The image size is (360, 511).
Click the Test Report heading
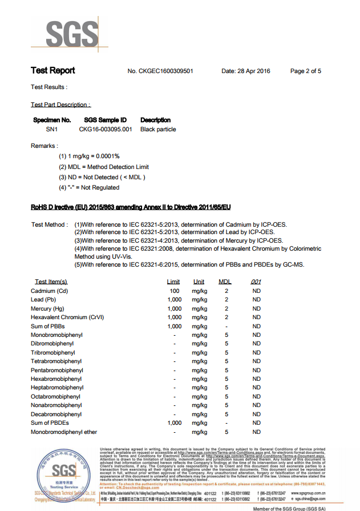coord(52,71)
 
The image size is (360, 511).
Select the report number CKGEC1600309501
coord(169,71)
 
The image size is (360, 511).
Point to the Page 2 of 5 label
coord(305,71)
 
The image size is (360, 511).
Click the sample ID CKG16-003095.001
coord(105,129)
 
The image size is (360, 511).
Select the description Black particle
coord(158,129)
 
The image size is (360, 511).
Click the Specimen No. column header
coord(52,120)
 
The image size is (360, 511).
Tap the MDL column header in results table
coord(225,281)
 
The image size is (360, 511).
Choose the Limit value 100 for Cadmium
coord(174,291)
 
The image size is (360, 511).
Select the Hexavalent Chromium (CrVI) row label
coord(67,317)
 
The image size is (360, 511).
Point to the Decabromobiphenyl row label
coord(56,414)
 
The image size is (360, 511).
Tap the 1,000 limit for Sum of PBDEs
coord(174,423)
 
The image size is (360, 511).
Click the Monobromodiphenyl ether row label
coord(63,432)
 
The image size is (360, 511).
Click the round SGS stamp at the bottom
coord(63,471)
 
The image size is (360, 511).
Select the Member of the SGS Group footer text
coord(289,508)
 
